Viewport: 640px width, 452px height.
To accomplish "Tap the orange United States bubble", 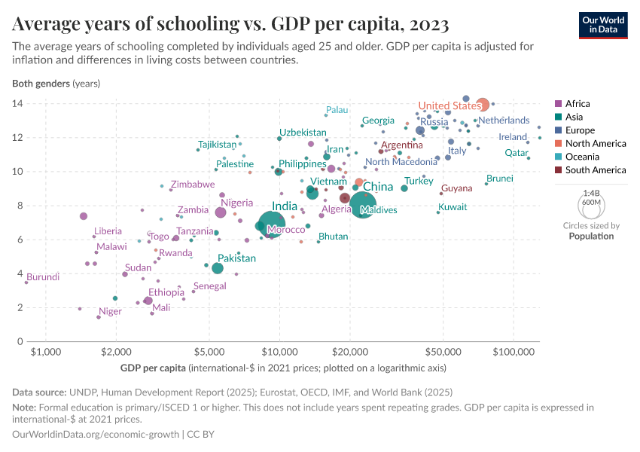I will pyautogui.click(x=483, y=105).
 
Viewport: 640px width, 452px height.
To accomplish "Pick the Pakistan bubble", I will pyautogui.click(x=218, y=268).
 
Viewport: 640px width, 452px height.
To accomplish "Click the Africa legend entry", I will pyautogui.click(x=578, y=104).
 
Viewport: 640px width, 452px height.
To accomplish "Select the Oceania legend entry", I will pyautogui.click(x=582, y=157).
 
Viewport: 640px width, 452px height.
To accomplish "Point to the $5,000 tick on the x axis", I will pyautogui.click(x=209, y=353).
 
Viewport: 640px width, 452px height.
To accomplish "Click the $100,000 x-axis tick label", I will pyautogui.click(x=514, y=353).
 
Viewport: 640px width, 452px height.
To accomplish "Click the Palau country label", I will pyautogui.click(x=337, y=110).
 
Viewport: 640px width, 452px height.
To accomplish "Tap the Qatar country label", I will pyautogui.click(x=516, y=152).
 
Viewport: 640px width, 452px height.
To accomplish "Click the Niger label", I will pyautogui.click(x=110, y=311).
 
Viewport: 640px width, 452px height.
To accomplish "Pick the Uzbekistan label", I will pyautogui.click(x=303, y=133).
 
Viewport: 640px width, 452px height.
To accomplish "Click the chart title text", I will pyautogui.click(x=231, y=25).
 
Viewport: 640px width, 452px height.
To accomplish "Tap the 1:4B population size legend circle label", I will pyautogui.click(x=592, y=194).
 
